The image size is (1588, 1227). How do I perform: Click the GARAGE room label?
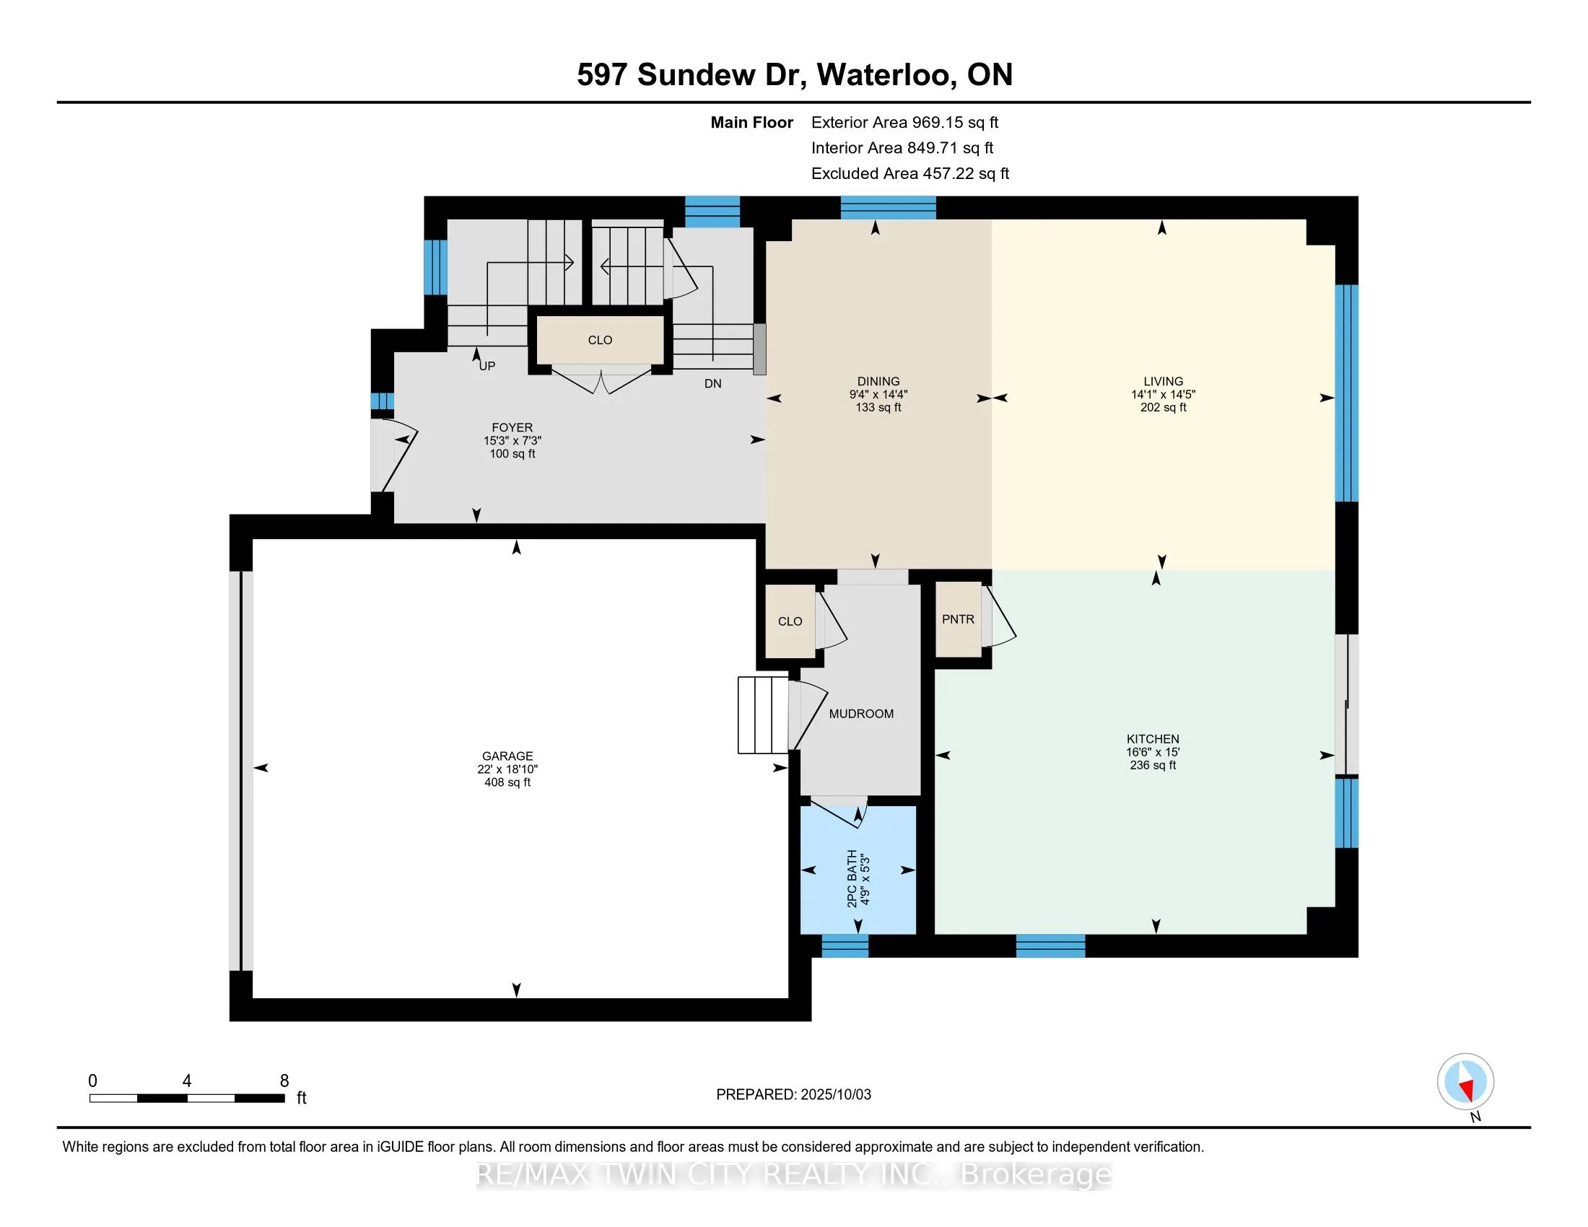507,756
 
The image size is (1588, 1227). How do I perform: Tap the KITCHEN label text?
1153,738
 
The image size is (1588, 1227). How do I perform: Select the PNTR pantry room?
959,620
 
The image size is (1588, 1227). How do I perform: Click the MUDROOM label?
862,714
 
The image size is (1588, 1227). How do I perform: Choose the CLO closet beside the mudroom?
790,621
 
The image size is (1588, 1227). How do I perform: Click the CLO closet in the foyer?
600,339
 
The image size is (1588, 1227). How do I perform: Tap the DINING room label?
878,381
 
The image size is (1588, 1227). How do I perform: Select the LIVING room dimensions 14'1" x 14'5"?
1164,395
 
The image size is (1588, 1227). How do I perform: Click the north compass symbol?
1466,1082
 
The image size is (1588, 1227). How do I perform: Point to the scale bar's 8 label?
284,1081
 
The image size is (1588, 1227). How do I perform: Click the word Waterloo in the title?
884,75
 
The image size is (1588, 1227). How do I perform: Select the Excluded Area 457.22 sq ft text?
910,174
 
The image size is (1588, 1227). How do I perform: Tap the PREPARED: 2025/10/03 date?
793,1095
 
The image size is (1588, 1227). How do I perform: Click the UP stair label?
487,367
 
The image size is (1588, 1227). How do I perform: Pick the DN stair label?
712,384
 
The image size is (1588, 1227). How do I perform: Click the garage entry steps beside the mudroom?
764,715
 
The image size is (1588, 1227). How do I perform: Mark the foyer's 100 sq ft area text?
512,453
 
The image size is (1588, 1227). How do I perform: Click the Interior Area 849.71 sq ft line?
902,148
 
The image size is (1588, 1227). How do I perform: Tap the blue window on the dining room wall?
889,208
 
